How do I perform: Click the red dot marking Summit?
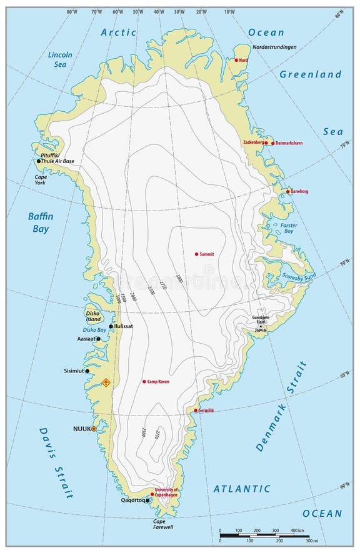point(196,254)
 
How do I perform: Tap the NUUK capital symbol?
point(94,429)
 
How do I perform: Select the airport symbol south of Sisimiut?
point(106,382)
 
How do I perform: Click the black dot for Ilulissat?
point(111,326)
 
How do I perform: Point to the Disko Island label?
point(93,316)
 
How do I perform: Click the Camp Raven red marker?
point(144,381)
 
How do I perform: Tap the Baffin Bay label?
point(41,222)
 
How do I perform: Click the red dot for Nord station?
point(236,60)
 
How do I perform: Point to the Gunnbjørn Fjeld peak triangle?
point(260,326)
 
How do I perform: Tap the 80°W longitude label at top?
point(72,12)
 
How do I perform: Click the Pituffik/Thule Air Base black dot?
point(39,161)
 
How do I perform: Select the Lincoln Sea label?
point(60,59)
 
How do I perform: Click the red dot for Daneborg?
point(288,192)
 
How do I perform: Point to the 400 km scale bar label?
point(295,530)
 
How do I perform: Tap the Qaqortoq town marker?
point(148,500)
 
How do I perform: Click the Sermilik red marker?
point(196,411)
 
